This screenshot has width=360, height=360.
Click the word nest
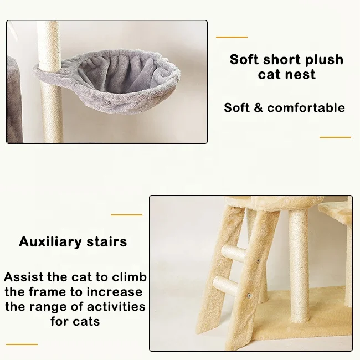(302, 74)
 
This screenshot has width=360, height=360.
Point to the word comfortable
(306, 107)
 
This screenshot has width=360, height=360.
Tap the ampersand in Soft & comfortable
(257, 107)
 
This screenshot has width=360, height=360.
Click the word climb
(128, 277)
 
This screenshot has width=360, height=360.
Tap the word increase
(117, 292)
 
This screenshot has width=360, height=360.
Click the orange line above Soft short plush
(232, 37)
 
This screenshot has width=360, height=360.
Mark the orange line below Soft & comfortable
(335, 137)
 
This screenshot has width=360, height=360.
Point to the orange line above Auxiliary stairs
(126, 214)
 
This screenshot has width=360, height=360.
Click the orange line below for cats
(22, 344)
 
